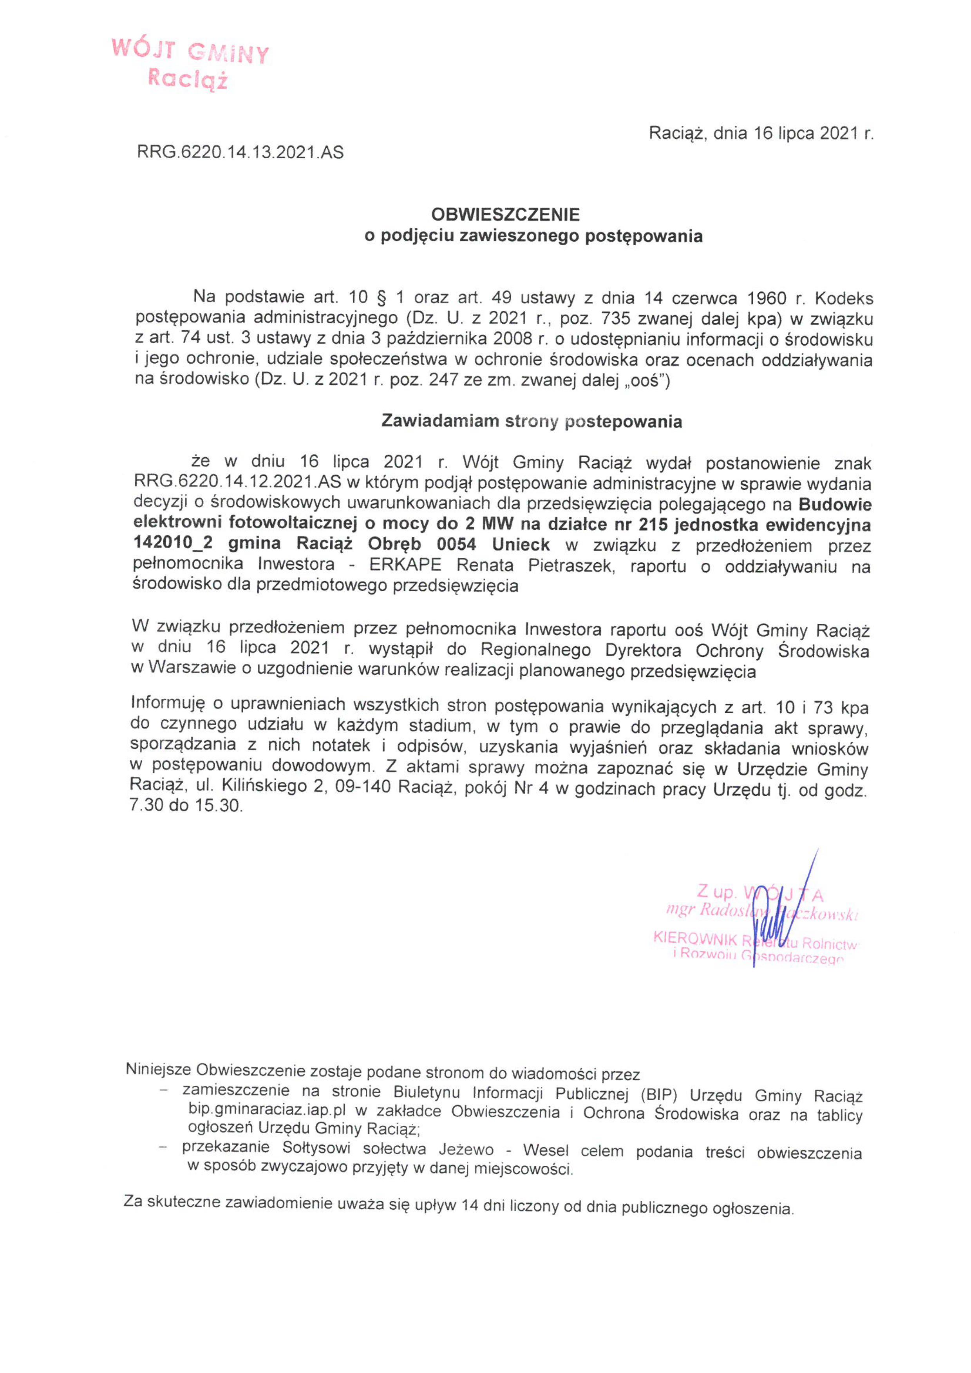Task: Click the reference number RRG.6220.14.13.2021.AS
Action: pos(240,152)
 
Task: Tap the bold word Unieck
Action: pos(521,545)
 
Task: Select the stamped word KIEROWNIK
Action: pos(695,938)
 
